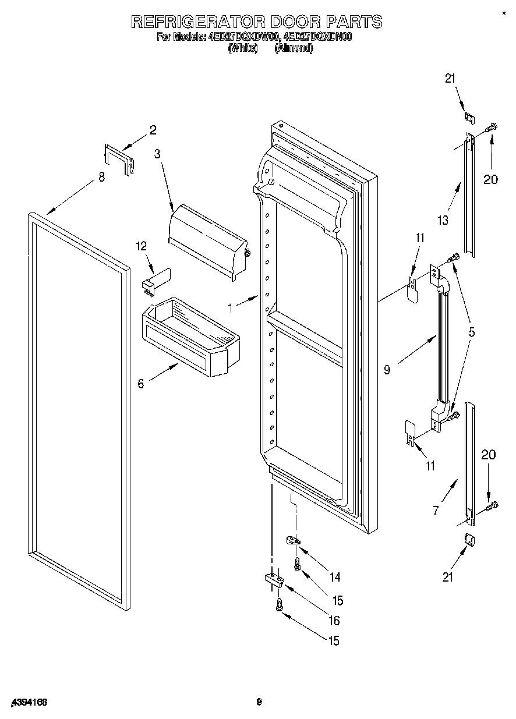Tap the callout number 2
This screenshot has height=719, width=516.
coord(153,130)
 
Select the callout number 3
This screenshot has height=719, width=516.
coord(157,154)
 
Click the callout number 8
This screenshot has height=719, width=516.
coord(102,178)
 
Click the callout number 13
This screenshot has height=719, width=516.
coord(444,220)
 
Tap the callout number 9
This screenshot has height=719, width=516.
coord(387,369)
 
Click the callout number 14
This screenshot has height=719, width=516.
coord(335,578)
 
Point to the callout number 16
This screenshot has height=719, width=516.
coord(334,621)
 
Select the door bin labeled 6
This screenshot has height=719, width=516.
coord(189,338)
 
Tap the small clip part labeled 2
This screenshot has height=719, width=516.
coord(119,158)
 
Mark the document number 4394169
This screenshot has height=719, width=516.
coord(28,702)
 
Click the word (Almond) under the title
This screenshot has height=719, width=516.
coord(294,48)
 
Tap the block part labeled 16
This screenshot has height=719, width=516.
coord(273,579)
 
